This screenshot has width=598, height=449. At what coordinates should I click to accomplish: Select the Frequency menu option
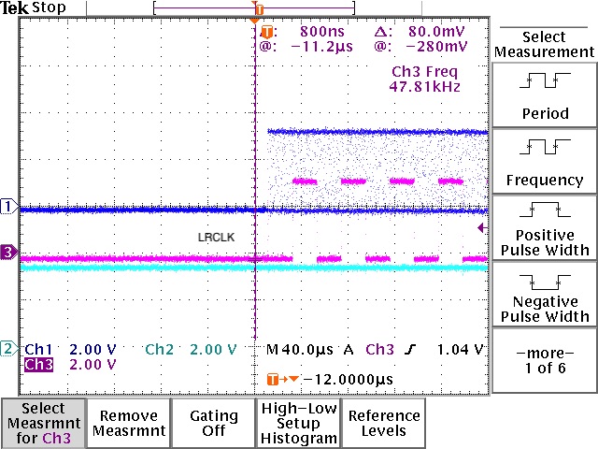[x=544, y=163]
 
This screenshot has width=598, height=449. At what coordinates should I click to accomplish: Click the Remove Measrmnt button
[x=128, y=423]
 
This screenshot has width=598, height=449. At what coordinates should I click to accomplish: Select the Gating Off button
[x=213, y=423]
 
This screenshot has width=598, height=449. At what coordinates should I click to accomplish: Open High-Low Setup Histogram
[x=298, y=423]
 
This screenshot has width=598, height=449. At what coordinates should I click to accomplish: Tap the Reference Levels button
[x=383, y=423]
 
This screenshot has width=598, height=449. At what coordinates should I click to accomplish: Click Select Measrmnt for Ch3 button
[x=43, y=423]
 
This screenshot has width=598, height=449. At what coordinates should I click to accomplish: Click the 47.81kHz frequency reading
[x=424, y=86]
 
